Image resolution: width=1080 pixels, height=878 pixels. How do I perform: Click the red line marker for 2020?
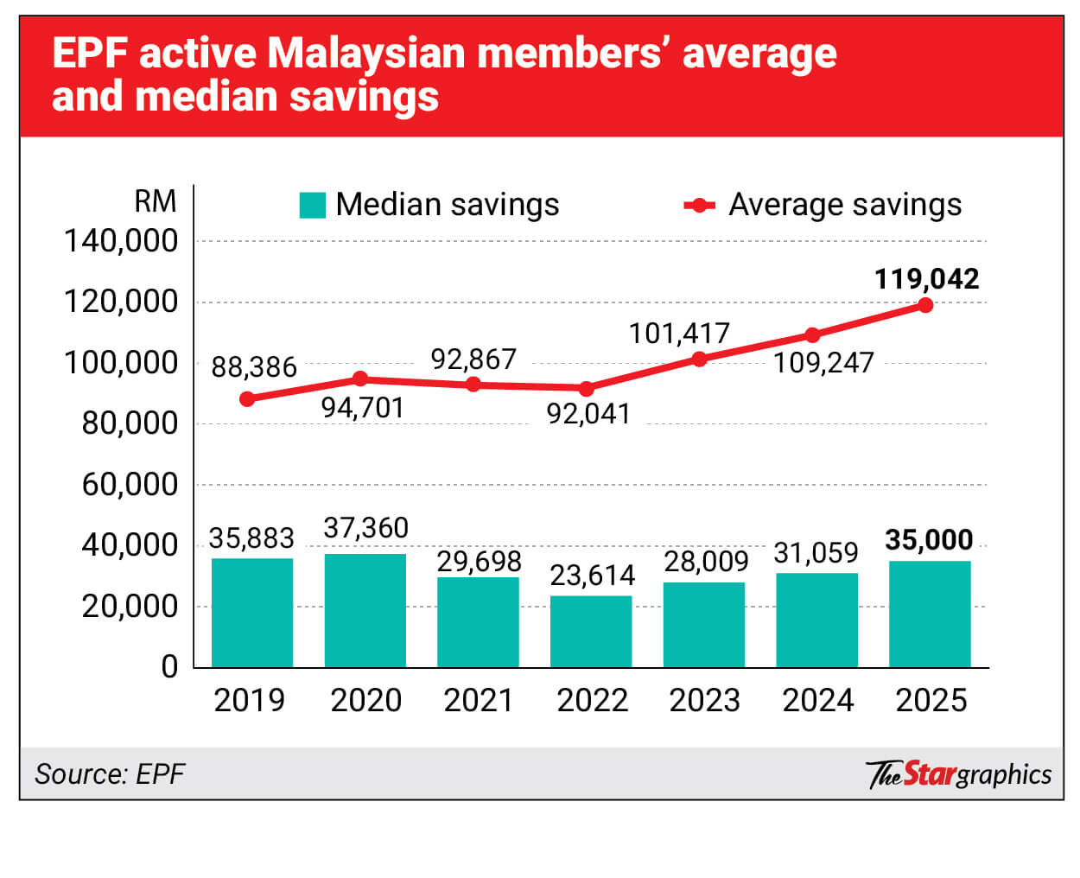(361, 379)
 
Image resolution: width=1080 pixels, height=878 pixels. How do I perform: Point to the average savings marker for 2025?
(925, 305)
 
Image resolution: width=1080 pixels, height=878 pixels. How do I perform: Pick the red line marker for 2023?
(700, 359)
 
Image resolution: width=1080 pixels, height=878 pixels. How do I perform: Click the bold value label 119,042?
(926, 279)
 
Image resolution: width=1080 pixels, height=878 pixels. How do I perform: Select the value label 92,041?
(588, 414)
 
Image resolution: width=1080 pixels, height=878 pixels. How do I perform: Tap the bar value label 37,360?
(365, 528)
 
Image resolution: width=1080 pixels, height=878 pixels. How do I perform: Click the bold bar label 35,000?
(929, 540)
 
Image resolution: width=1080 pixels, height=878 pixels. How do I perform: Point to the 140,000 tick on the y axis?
(121, 241)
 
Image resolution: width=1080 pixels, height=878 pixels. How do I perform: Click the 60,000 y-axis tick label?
(130, 485)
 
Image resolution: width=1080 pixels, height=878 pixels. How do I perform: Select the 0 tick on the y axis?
(169, 667)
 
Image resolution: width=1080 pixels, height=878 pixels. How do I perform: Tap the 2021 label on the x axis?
(478, 700)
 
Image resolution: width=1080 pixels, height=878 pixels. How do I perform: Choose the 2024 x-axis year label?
(817, 700)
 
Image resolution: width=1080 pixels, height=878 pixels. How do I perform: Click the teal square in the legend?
(312, 206)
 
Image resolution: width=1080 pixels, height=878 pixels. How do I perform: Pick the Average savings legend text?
(844, 205)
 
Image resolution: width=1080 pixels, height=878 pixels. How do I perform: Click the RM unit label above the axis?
(156, 201)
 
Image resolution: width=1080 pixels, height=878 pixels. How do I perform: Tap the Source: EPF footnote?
(110, 773)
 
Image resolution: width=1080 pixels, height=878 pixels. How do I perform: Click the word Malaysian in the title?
(366, 54)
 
